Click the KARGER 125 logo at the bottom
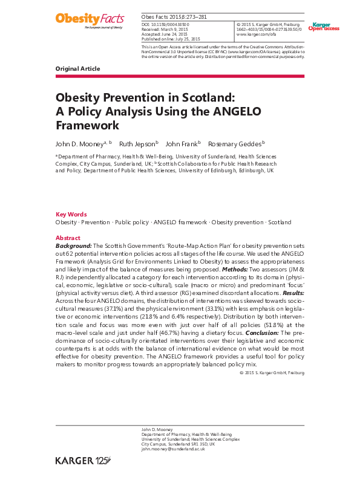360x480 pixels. (x=83, y=461)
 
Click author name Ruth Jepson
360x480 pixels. (x=138, y=144)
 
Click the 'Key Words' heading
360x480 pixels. (x=71, y=215)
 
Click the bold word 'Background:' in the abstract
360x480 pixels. (x=73, y=246)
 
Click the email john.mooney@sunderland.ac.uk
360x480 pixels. (x=173, y=449)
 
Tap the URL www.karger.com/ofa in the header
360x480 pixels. (x=254, y=33)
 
